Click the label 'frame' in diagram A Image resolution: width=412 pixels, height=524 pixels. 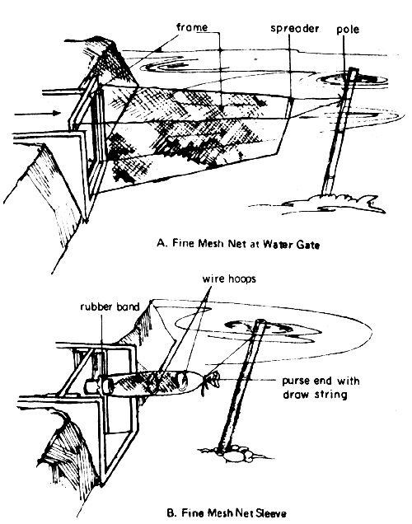191,26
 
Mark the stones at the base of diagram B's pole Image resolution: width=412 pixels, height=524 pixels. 236,451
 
